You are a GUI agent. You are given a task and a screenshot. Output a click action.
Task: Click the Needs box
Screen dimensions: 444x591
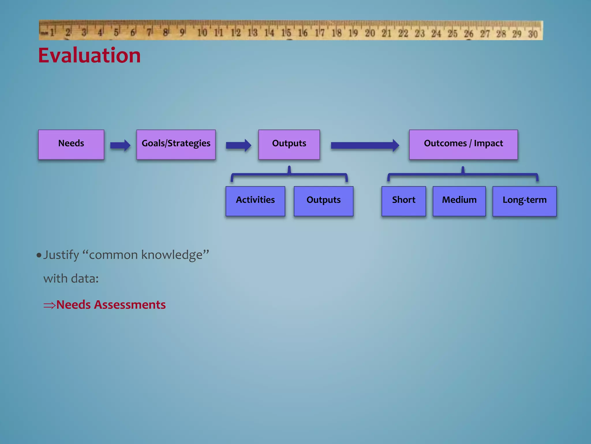coord(71,144)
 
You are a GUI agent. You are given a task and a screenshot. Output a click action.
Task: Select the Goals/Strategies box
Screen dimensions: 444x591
coord(176,144)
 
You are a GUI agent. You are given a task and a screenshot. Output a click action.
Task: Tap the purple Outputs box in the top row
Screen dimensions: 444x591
coord(289,144)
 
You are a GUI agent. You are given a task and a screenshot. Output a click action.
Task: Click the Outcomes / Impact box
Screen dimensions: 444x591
coord(463,144)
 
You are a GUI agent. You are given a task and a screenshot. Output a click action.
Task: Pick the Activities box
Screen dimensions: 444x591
coord(255,201)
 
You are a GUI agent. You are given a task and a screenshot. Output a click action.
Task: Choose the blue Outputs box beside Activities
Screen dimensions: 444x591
coord(323,201)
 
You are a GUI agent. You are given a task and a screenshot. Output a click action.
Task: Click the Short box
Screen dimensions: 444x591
coord(403,201)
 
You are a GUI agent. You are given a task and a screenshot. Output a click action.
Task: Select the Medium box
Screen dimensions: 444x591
coord(459,201)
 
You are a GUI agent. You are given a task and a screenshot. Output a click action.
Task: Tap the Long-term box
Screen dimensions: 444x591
coord(524,201)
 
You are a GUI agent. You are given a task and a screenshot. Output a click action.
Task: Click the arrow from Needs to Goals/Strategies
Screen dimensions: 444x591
coord(120,145)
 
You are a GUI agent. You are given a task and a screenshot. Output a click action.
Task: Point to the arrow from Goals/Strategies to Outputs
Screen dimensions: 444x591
coord(238,145)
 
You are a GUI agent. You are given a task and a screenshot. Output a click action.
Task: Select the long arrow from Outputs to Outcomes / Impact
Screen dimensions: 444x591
coord(365,145)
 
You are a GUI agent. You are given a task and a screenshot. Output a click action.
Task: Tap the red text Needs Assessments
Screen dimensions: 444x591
coord(111,305)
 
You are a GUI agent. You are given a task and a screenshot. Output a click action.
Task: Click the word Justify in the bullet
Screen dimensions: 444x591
coord(61,255)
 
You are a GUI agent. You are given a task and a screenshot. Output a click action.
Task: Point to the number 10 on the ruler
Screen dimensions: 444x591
coord(202,33)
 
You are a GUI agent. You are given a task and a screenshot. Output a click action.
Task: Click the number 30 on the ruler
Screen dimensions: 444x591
coord(533,34)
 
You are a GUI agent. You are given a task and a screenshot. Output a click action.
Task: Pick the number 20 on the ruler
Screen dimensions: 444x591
coord(370,33)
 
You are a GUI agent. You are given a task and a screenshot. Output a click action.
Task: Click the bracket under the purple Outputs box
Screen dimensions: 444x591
coord(289,175)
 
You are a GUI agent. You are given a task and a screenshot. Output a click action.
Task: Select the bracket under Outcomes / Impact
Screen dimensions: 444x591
coord(463,175)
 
